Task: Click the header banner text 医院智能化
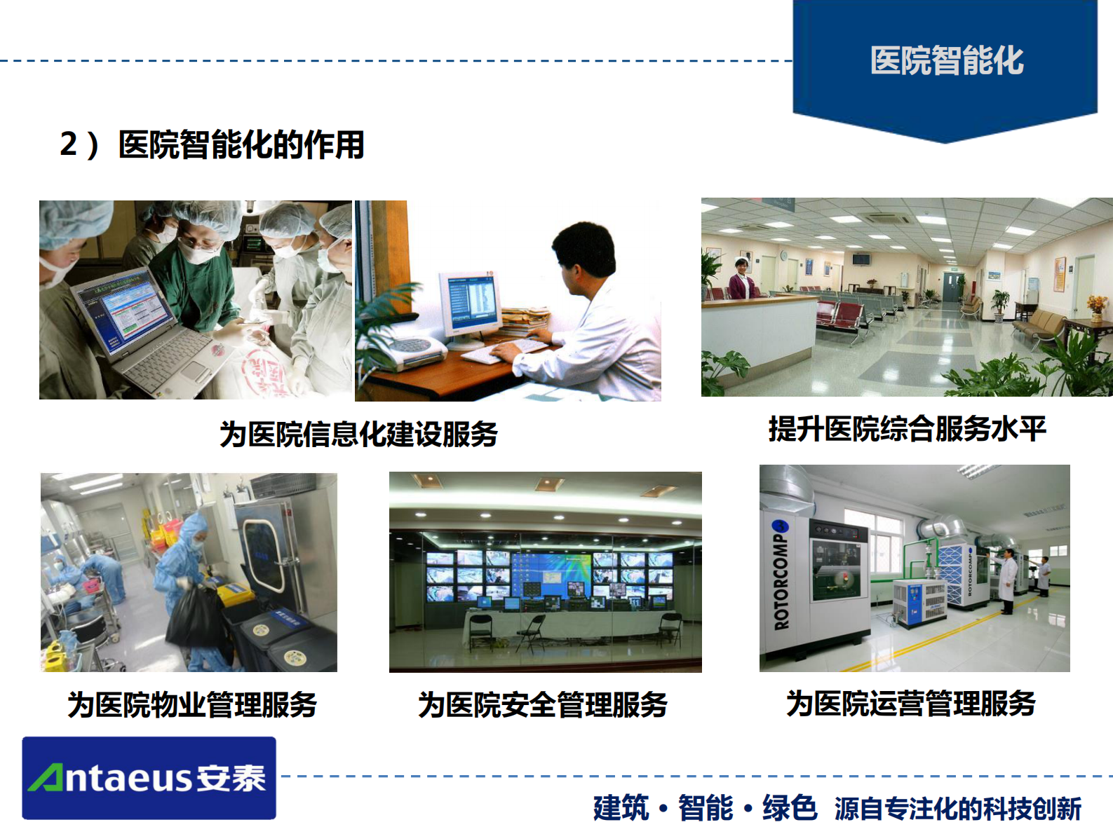(946, 61)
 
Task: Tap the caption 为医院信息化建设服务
(358, 434)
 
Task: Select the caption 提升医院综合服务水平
(907, 428)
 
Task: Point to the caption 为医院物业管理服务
(192, 704)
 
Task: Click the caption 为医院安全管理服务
(543, 704)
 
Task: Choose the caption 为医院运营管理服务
(910, 703)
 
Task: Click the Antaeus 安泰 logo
(149, 778)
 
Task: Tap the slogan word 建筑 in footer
(621, 808)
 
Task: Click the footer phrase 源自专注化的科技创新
(957, 809)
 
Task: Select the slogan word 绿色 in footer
(789, 808)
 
